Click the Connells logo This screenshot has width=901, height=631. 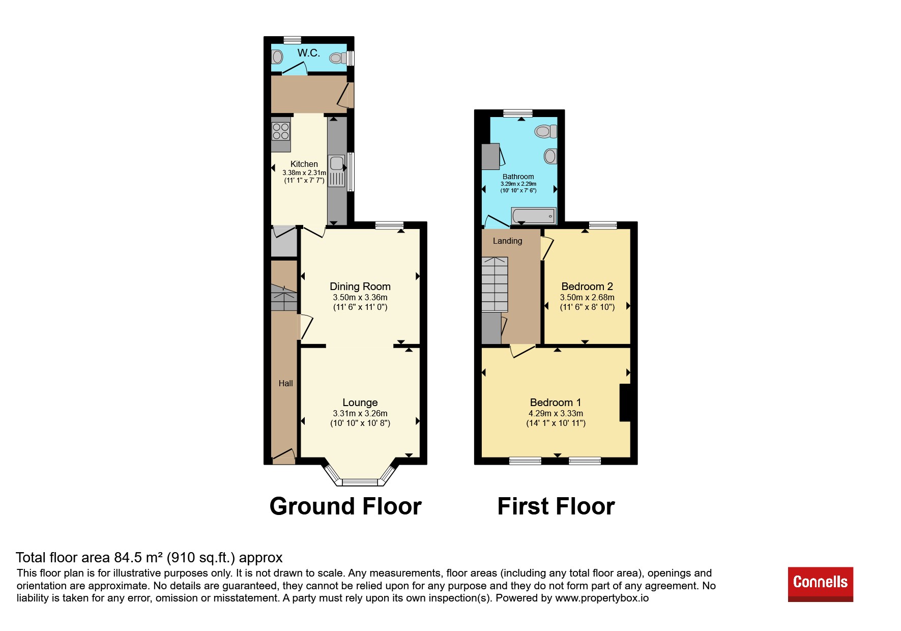tap(820, 584)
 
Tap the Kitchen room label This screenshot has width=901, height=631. tap(304, 164)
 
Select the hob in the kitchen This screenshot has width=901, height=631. tap(281, 131)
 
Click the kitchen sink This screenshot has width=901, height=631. tap(337, 163)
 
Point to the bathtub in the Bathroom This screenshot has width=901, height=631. tap(534, 216)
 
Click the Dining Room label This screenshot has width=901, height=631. tap(360, 286)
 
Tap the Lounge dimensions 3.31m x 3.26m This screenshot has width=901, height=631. tap(360, 414)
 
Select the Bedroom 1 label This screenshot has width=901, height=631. tap(556, 403)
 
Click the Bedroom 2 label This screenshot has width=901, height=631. tap(587, 286)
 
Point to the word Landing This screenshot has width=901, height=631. tap(507, 241)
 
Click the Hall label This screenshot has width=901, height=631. tap(285, 383)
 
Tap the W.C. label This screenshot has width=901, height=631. tap(309, 53)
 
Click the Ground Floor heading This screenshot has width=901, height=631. tap(345, 506)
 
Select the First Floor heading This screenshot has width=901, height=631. tap(556, 506)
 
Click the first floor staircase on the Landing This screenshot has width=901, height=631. tap(495, 284)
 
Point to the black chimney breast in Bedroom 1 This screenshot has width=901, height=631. tap(625, 403)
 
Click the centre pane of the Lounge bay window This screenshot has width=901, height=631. tap(360, 482)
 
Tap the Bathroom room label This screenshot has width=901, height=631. tap(518, 177)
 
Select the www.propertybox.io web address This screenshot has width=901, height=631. tap(602, 598)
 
